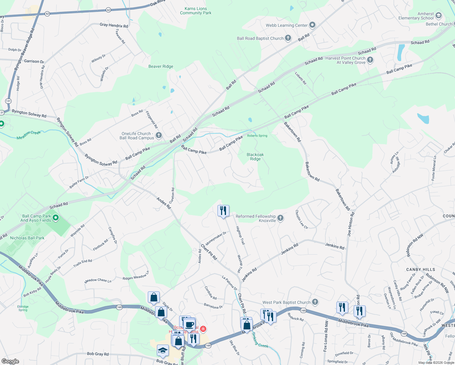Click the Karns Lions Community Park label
pyautogui.click(x=196, y=11)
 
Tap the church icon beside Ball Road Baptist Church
pyautogui.click(x=288, y=38)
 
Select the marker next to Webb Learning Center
pyautogui.click(x=312, y=25)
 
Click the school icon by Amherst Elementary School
pyautogui.click(x=438, y=16)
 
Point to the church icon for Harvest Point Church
pyautogui.click(x=370, y=60)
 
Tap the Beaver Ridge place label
pyautogui.click(x=161, y=66)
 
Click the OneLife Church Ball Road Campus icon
pyautogui.click(x=158, y=135)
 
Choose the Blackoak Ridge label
pyautogui.click(x=255, y=157)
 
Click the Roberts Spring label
pyautogui.click(x=257, y=136)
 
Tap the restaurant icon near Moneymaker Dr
pyautogui.click(x=223, y=210)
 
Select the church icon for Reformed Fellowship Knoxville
pyautogui.click(x=280, y=218)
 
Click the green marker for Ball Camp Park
pyautogui.click(x=56, y=218)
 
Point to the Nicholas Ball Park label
pyautogui.click(x=27, y=238)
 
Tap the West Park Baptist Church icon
pyautogui.click(x=315, y=302)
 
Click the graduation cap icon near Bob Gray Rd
pyautogui.click(x=163, y=350)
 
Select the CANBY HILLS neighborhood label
pyautogui.click(x=421, y=269)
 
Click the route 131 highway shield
pyautogui.click(x=8, y=101)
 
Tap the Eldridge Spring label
pyautogui.click(x=23, y=308)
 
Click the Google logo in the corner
pyautogui.click(x=10, y=361)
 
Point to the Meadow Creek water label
pyautogui.click(x=29, y=135)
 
